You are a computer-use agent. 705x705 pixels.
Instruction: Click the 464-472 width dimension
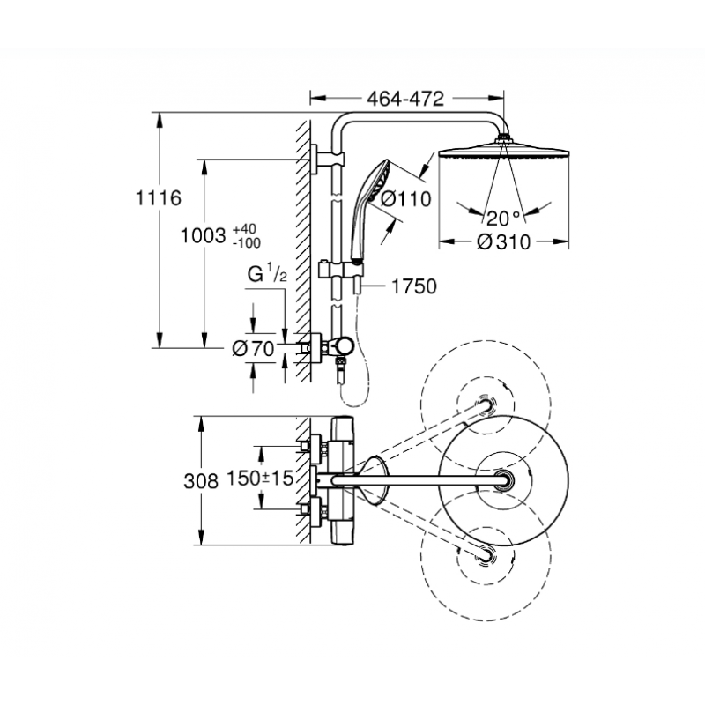click(405, 99)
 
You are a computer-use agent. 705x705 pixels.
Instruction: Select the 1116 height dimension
click(159, 197)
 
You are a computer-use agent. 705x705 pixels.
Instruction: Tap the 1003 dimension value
click(203, 235)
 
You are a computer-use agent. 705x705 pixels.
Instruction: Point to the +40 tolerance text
click(244, 230)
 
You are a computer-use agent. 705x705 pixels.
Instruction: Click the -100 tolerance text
click(247, 243)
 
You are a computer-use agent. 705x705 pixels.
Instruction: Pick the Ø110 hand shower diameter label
click(406, 198)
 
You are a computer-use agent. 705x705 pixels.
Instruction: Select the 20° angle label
click(503, 219)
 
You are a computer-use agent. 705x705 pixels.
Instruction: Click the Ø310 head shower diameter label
click(503, 242)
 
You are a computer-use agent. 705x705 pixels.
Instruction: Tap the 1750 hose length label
click(414, 286)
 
